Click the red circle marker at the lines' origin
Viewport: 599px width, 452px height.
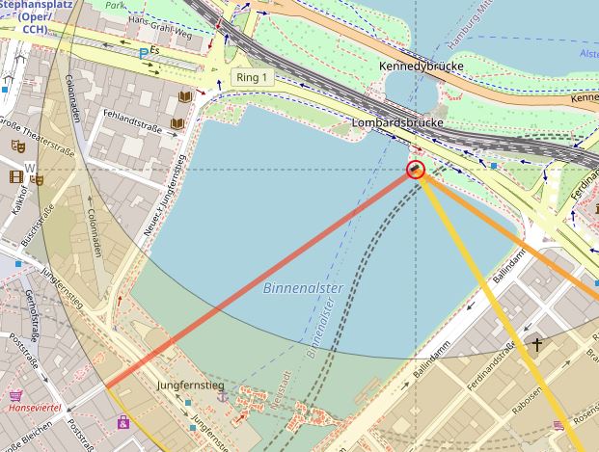click(416, 171)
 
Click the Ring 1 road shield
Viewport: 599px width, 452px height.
click(252, 78)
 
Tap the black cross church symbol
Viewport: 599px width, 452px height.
click(535, 344)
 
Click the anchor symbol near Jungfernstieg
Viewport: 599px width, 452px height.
click(222, 396)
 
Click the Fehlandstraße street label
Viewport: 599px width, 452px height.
click(130, 125)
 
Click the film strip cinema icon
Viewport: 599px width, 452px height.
click(15, 176)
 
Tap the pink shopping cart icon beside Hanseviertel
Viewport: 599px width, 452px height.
click(15, 395)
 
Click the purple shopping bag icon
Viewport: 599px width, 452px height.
click(123, 421)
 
